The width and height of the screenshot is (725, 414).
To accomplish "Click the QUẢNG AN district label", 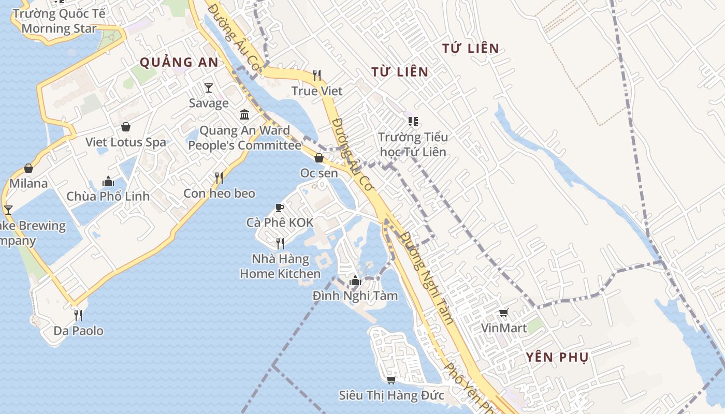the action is pos(179,62).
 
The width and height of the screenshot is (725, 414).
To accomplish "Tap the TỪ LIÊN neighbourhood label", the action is pos(400,72).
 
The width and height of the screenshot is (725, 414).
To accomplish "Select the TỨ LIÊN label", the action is pos(471,49).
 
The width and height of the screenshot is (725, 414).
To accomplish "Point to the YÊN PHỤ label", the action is pos(557,357).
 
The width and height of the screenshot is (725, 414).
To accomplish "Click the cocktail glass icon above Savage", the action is pos(208,87).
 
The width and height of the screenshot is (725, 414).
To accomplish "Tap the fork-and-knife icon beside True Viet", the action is pos(317,76).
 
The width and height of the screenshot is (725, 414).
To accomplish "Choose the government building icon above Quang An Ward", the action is pos(244,114).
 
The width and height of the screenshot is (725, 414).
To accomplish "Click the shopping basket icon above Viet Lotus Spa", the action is pos(126,127).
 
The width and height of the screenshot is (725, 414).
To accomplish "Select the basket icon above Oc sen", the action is pos(319,158).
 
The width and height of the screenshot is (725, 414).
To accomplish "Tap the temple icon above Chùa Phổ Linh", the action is pos(108,181).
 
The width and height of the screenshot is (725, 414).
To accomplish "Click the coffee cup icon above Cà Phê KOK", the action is pos(280,208).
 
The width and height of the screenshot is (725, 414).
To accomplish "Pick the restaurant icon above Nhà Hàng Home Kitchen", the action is pos(280,243).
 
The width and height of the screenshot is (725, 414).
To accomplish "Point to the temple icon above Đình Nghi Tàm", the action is pos(355,281).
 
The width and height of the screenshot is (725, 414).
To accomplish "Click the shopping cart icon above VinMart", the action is pos(503,313).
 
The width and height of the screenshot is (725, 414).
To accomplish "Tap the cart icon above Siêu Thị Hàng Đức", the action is pos(392,380).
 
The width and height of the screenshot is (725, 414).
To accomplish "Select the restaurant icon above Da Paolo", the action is pos(78,315).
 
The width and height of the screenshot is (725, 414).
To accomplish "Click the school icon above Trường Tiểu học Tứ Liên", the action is pos(413,122).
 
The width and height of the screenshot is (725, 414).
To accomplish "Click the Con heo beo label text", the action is pos(219,194).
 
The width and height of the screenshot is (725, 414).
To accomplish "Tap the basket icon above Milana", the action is pos(28,168).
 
